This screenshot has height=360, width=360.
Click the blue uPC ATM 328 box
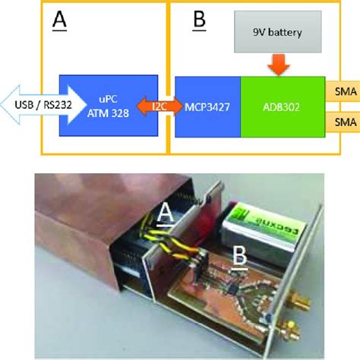[x=109, y=105]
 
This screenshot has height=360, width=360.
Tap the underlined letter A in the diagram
[x=58, y=21]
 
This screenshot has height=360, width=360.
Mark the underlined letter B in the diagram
[x=199, y=21]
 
